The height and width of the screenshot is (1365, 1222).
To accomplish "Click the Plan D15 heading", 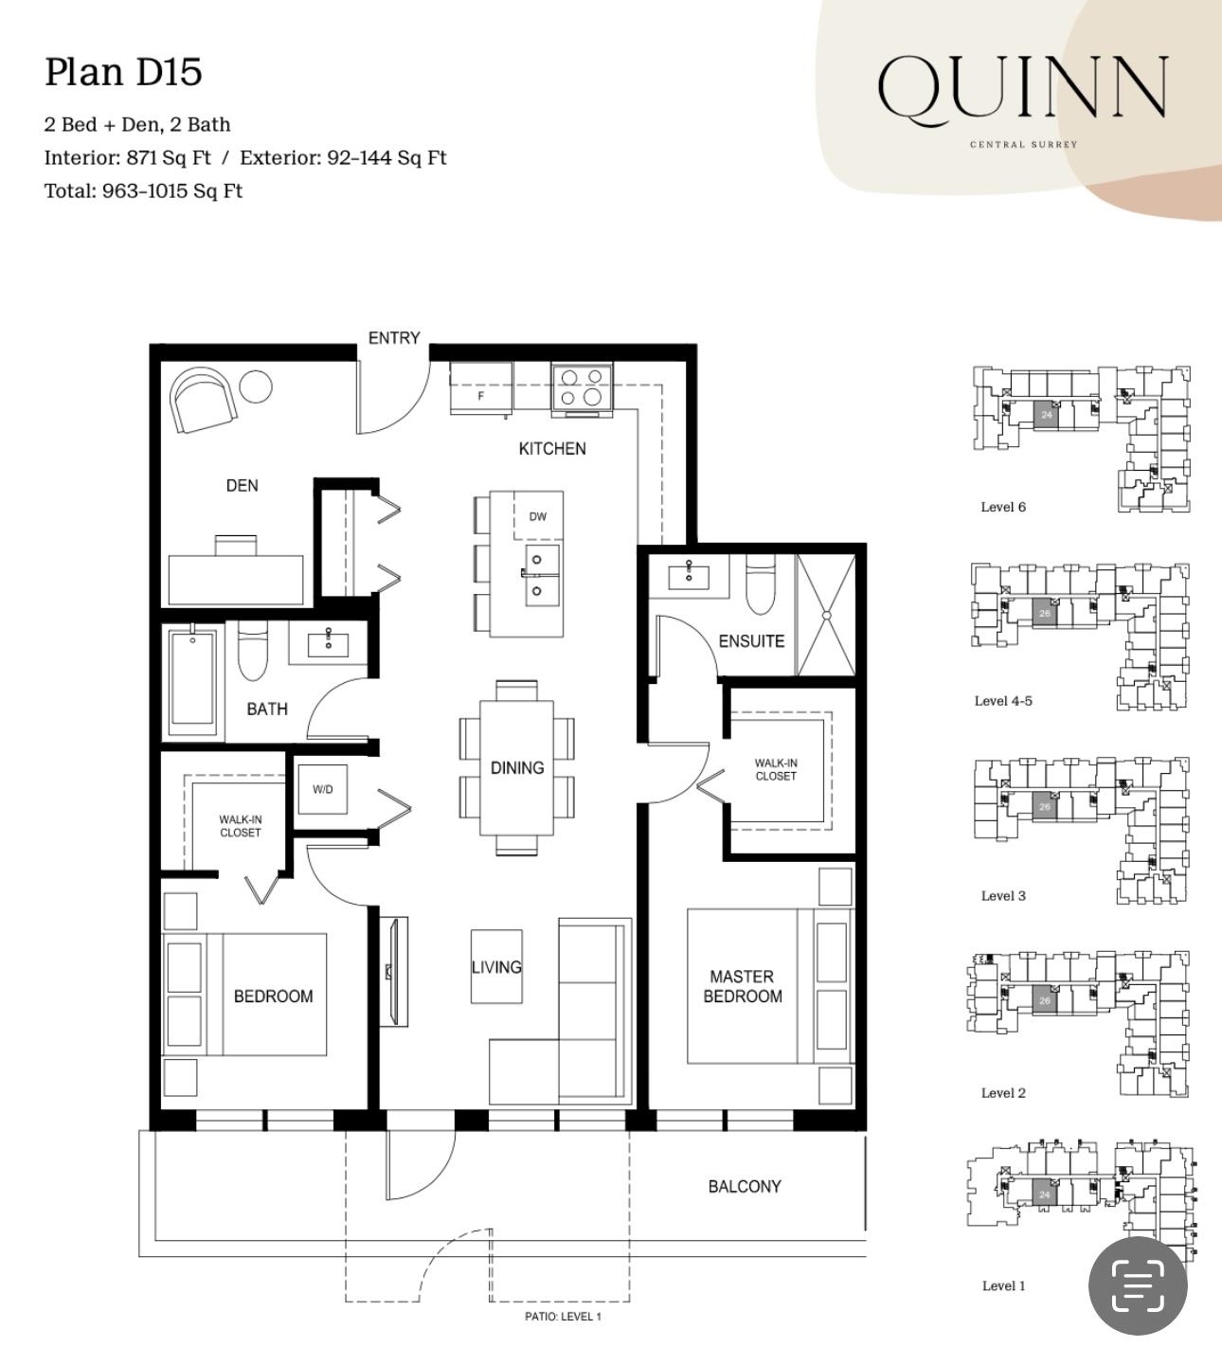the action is point(123,72).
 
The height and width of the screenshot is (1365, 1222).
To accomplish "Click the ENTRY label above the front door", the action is point(394,337).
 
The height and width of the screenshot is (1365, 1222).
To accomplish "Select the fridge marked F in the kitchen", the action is point(481,388).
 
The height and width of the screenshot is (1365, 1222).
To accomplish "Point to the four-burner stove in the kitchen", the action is point(582,387).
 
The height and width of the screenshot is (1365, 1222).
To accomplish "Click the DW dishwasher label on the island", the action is point(537,517).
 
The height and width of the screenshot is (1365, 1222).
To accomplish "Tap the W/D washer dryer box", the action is point(323,789).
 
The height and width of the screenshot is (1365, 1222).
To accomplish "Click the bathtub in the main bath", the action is point(192,682).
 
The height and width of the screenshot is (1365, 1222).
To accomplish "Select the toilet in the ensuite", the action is point(761,584).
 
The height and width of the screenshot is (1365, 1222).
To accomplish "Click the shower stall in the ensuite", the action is point(827,615).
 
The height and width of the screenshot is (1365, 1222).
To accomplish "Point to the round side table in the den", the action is point(256,387).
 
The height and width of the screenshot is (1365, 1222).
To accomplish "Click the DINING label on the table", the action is point(517,768).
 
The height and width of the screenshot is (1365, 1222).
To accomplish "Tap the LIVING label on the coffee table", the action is point(496,967).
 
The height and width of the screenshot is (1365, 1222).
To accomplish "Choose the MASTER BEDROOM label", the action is point(743,986).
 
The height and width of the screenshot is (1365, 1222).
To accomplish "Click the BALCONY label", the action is point(745,1187).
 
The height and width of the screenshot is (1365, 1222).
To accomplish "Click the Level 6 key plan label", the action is point(1003,508).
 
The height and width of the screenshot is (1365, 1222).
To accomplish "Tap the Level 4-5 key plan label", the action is point(1003,701).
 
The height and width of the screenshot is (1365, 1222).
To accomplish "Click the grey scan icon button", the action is point(1138,1286).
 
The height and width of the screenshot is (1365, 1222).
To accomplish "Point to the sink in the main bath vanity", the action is point(328,645).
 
